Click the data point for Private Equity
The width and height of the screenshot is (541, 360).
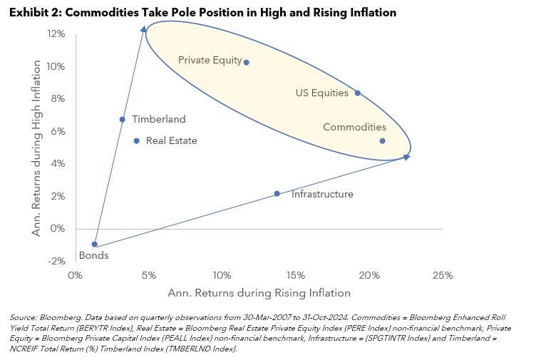pos(247,62)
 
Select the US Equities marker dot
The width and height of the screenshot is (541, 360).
pos(357,93)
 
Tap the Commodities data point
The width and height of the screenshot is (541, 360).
pos(382,140)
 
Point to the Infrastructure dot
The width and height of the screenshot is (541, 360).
pos(277,194)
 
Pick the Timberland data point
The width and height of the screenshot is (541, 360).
pos(122,119)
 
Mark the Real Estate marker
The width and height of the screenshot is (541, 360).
pos(137,140)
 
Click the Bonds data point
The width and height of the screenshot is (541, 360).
pos(94,244)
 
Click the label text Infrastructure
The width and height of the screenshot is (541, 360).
pos(322,194)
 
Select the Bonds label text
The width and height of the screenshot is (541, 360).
pos(93,255)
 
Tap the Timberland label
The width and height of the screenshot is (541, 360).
pos(158,119)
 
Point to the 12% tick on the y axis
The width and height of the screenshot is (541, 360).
pos(56,34)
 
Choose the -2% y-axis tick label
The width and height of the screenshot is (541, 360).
pos(56,261)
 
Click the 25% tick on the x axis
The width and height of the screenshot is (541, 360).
pos(442,275)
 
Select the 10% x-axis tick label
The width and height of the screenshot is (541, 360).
pos(222,275)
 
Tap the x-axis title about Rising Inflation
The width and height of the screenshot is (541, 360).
pos(259,292)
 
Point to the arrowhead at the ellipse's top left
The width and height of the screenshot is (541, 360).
pos(144,29)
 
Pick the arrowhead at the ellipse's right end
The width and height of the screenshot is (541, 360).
pos(407,157)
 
